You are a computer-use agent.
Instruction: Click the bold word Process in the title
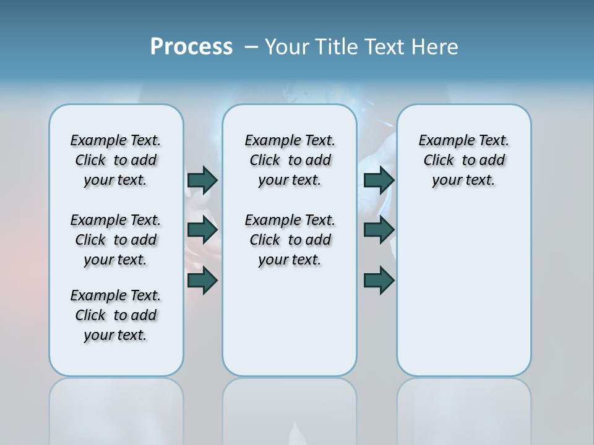(191, 47)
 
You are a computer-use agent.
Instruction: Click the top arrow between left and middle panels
(202, 180)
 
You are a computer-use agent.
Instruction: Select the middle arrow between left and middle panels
(202, 230)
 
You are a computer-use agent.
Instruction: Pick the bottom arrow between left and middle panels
(202, 281)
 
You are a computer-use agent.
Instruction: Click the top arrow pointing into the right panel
(379, 180)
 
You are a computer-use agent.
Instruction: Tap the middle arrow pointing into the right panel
(379, 230)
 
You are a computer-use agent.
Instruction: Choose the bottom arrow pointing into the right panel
(379, 281)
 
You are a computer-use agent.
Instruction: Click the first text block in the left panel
(116, 160)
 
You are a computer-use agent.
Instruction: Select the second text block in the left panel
(116, 240)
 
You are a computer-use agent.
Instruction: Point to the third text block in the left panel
(116, 315)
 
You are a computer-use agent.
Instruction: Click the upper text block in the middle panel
(290, 160)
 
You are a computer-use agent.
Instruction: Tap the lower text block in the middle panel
(290, 240)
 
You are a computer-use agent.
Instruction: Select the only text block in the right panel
(463, 160)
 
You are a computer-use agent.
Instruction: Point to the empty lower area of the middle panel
(290, 321)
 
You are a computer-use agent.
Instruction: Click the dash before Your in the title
(251, 47)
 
